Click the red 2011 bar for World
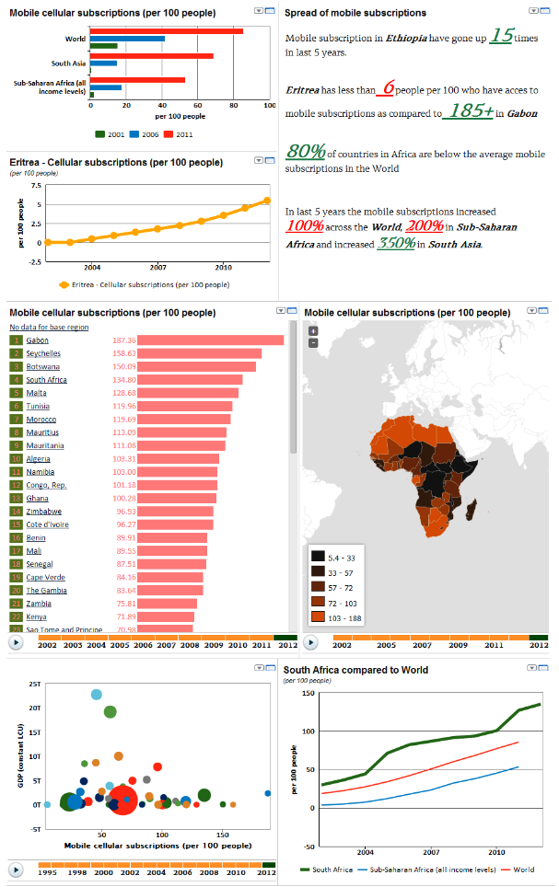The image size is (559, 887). [166, 31]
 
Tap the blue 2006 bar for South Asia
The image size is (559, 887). [103, 63]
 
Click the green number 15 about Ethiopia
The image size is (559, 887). [501, 37]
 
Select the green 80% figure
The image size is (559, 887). [304, 152]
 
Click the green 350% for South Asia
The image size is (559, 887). [396, 245]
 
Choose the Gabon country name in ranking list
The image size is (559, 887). [38, 340]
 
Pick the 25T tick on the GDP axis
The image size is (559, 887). [35, 685]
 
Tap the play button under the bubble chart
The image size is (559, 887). [16, 869]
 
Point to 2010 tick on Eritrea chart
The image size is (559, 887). [223, 267]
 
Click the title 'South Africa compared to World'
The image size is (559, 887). [355, 670]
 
